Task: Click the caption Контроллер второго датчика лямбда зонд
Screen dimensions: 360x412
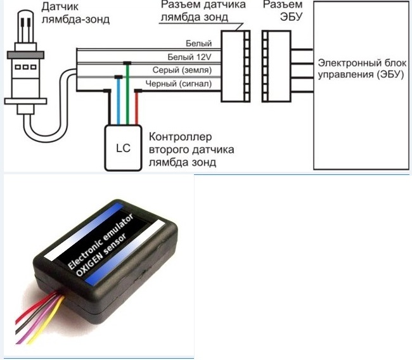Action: point(190,150)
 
